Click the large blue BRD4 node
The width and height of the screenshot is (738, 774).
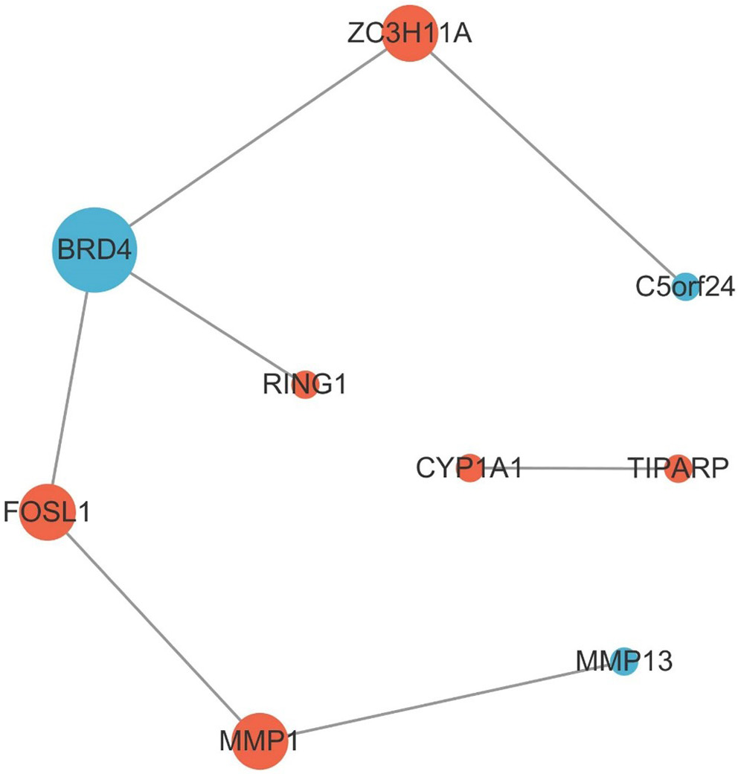[93, 249]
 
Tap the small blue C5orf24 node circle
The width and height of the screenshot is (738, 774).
[684, 287]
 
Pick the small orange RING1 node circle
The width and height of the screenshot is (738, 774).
[305, 386]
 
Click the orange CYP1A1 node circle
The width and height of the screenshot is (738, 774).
[469, 468]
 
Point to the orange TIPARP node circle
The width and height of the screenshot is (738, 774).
[678, 468]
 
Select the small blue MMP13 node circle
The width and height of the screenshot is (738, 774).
[626, 661]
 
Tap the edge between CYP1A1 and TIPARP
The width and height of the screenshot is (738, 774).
[573, 468]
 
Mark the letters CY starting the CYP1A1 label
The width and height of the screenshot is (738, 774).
[429, 469]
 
